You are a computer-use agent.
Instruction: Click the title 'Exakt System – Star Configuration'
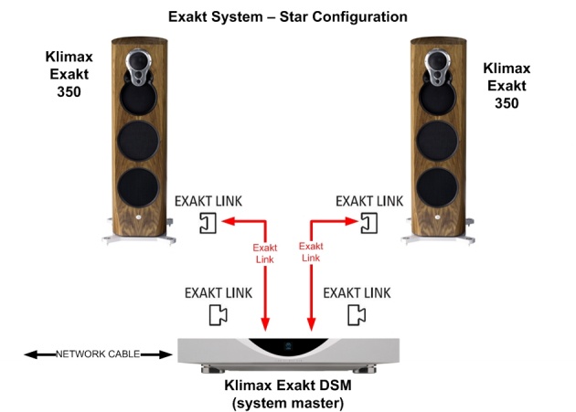(288, 16)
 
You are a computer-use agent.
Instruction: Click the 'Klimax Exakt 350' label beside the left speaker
(69, 74)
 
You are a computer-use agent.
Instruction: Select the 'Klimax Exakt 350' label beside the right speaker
(507, 86)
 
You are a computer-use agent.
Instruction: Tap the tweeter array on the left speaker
(138, 68)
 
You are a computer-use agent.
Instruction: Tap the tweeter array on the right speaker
(437, 68)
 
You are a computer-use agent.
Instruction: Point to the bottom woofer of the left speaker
(138, 187)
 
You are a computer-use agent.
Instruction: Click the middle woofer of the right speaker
(437, 141)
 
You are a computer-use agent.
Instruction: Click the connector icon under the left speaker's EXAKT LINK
(208, 223)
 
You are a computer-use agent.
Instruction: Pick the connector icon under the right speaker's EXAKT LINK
(369, 223)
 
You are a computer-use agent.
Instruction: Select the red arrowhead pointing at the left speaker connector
(229, 221)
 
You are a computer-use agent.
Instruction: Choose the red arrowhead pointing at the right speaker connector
(352, 221)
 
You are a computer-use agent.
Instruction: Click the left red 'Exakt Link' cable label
(265, 253)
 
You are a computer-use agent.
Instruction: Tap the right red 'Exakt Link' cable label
(311, 252)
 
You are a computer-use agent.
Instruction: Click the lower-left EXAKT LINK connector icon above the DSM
(219, 315)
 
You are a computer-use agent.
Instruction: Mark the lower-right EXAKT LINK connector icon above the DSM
(357, 315)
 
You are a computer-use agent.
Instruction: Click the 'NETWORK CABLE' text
(98, 354)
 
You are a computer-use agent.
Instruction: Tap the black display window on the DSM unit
(288, 346)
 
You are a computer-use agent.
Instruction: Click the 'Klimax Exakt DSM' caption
(288, 386)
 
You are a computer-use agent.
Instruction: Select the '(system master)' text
(288, 403)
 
